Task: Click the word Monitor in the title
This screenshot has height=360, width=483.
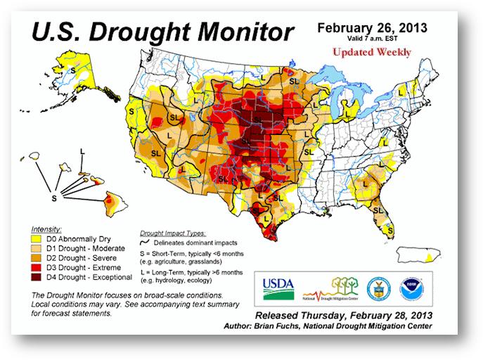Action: coord(231,31)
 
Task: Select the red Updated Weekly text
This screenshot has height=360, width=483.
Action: coord(373,53)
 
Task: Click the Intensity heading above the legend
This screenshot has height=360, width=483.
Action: coord(46,229)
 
